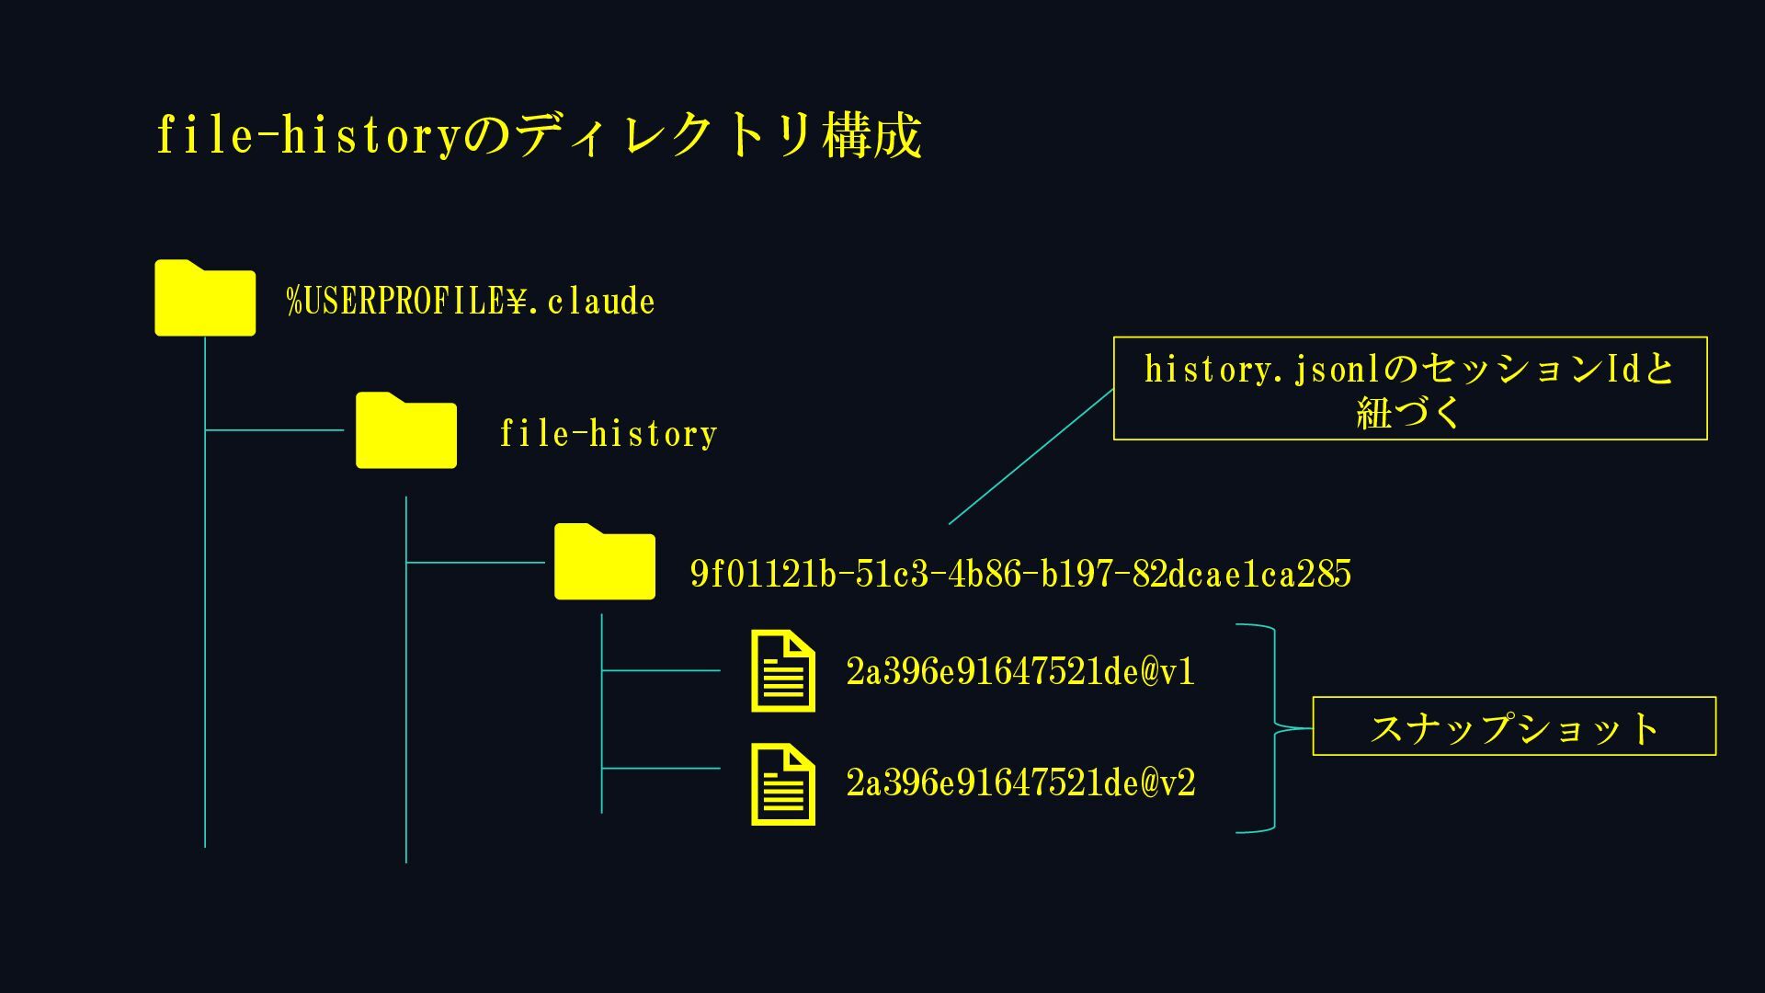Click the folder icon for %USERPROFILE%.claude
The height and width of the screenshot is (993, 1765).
pyautogui.click(x=205, y=298)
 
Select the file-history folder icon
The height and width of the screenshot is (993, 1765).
pyautogui.click(x=406, y=430)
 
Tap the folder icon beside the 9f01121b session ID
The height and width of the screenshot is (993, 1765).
pyautogui.click(x=605, y=562)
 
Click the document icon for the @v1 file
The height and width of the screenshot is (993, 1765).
pyautogui.click(x=783, y=671)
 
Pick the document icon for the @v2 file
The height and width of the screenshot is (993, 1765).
pyautogui.click(x=783, y=784)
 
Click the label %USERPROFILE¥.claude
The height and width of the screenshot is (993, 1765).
pyautogui.click(x=471, y=302)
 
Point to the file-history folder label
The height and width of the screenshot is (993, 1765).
pyautogui.click(x=609, y=433)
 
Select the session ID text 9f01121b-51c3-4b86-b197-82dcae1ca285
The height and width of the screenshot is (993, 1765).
pyautogui.click(x=1020, y=574)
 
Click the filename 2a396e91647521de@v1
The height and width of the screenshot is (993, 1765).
pyautogui.click(x=1020, y=672)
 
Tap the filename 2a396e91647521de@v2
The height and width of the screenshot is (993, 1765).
pyautogui.click(x=1020, y=783)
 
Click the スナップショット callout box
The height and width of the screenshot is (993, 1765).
pyautogui.click(x=1514, y=726)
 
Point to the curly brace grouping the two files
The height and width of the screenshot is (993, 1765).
pyautogui.click(x=1275, y=728)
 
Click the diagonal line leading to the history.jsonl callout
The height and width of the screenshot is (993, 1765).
pyautogui.click(x=1031, y=457)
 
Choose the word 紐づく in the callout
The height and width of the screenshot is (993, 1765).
pyautogui.click(x=1409, y=411)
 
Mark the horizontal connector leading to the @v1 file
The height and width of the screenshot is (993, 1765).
pyautogui.click(x=661, y=670)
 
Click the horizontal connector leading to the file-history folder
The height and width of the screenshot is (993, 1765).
pyautogui.click(x=274, y=429)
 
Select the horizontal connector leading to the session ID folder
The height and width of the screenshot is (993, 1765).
pyautogui.click(x=475, y=562)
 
